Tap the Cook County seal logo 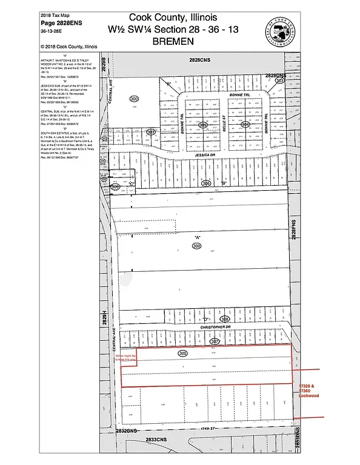click(279, 28)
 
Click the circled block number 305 click(204, 124)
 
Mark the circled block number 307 click(214, 341)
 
